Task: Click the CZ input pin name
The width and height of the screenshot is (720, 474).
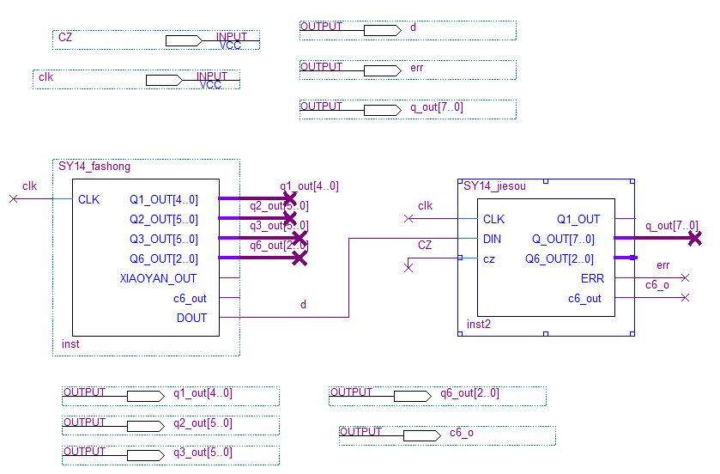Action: (x=65, y=37)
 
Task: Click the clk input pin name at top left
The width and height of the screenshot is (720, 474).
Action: (x=46, y=76)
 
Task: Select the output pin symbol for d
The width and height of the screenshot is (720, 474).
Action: (x=382, y=30)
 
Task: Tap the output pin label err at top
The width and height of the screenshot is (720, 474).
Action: (x=417, y=67)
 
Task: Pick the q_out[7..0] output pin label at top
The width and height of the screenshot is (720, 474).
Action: (x=436, y=107)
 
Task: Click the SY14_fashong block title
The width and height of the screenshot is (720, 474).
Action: (x=94, y=167)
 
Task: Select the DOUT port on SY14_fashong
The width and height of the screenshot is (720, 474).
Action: (x=191, y=318)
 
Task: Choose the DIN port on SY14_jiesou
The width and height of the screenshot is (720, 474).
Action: (x=493, y=240)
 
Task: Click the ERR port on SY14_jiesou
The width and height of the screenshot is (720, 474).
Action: (x=592, y=278)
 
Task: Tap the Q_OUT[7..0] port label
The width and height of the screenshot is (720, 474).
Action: (x=563, y=240)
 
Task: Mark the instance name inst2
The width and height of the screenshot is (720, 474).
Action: (x=479, y=325)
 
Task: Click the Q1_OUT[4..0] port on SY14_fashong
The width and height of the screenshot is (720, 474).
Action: (x=163, y=200)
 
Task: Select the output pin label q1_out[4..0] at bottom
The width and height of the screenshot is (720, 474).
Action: (x=203, y=393)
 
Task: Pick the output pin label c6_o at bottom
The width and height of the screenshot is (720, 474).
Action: (x=461, y=433)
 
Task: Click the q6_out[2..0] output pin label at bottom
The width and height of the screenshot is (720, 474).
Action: (x=469, y=393)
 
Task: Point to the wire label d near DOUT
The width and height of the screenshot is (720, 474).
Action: (x=303, y=305)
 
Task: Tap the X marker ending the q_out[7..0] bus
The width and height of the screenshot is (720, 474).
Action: (x=694, y=238)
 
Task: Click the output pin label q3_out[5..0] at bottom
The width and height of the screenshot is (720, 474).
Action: (x=203, y=453)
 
